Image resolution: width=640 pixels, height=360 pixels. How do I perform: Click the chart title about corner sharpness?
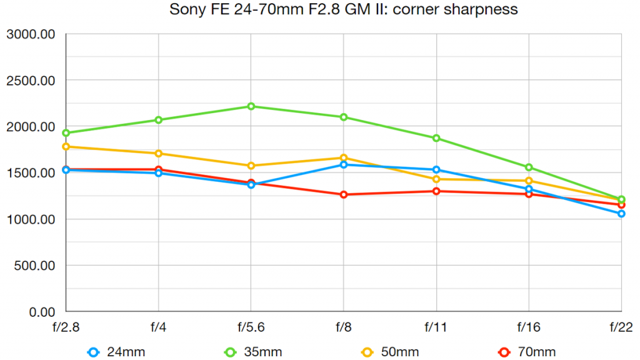coord(343,10)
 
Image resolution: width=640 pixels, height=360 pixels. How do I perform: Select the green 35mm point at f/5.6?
coord(251,106)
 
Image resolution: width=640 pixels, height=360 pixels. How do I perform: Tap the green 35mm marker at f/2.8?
coord(66,132)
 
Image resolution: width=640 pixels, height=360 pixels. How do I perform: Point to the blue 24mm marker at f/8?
coord(344,164)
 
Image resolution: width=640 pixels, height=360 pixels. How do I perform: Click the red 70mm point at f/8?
coord(344,194)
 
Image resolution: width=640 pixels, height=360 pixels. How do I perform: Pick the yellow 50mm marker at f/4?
coord(158,153)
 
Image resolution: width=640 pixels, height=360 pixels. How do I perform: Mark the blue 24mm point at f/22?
coord(621,214)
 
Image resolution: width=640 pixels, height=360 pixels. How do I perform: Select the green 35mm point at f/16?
coord(529,167)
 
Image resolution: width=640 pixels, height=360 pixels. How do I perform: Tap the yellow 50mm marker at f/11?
coord(436,179)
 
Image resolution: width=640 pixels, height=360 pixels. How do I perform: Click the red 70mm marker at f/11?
coord(436,191)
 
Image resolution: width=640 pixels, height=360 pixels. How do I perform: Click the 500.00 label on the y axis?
coord(34,266)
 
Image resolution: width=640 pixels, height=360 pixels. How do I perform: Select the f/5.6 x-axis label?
coord(251,327)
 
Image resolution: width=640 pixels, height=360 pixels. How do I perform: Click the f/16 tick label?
coord(529,327)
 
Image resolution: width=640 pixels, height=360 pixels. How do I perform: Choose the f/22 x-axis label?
coord(621,327)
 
